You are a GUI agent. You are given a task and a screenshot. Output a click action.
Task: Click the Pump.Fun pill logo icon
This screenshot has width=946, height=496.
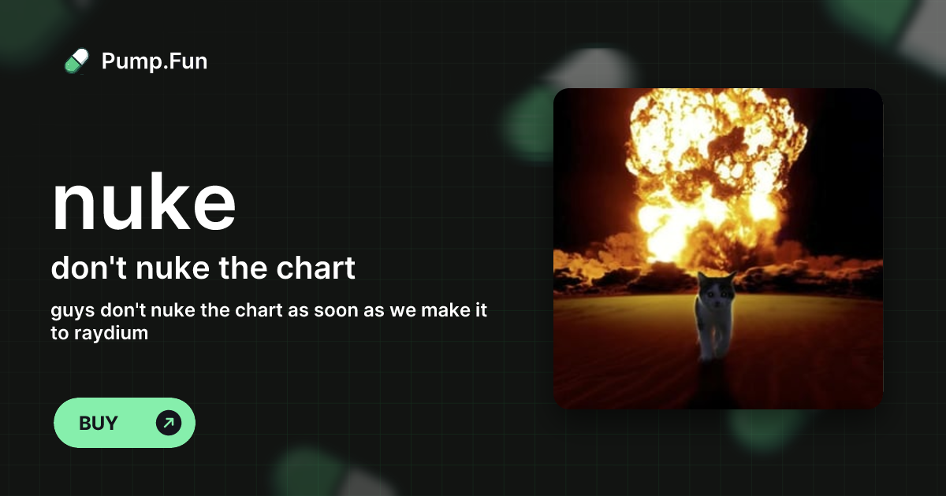coord(76,61)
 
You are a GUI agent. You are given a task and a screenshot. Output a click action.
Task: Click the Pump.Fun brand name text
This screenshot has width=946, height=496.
coord(155,61)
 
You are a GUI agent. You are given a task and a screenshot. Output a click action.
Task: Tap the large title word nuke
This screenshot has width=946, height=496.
coord(143,203)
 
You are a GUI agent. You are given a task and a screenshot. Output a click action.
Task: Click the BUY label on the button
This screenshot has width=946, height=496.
coord(99,423)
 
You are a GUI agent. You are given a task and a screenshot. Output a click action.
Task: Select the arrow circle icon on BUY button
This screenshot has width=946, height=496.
coord(169,423)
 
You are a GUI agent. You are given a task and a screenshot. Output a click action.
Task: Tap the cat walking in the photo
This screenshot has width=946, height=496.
coord(713,315)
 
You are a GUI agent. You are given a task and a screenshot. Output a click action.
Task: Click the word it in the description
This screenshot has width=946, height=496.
coord(479,310)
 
